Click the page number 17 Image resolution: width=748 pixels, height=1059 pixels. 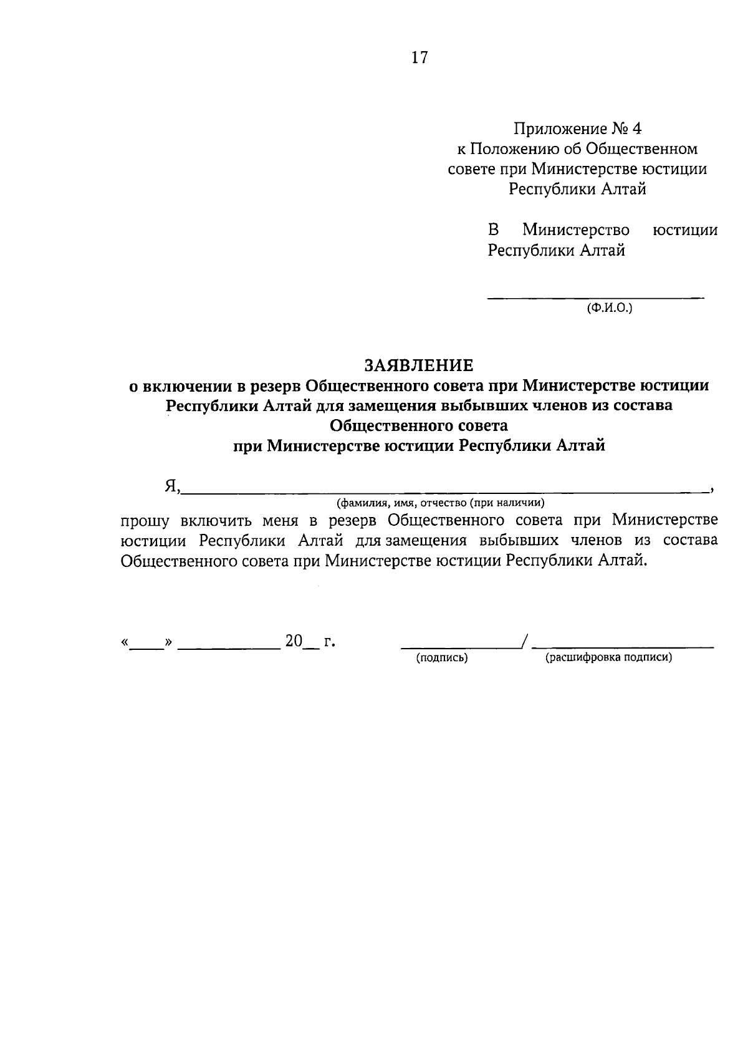[420, 58]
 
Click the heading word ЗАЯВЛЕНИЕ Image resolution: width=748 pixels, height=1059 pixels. [419, 365]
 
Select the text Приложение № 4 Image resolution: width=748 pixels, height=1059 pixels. [577, 129]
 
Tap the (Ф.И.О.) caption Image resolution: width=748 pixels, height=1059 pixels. [609, 307]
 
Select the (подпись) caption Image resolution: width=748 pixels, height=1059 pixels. [442, 657]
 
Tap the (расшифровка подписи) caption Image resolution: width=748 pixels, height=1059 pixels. [609, 657]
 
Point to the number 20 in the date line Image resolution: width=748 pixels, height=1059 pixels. [294, 641]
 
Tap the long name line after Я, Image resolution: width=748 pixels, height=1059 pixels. [446, 492]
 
